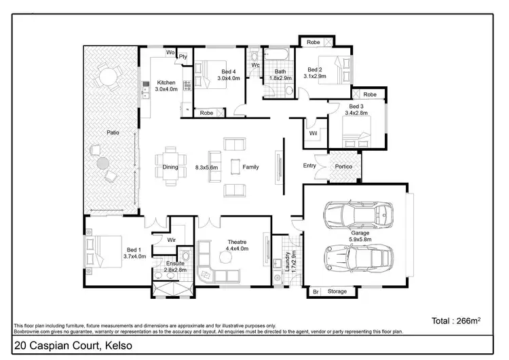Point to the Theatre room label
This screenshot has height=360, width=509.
(x=236, y=242)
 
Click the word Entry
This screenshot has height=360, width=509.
(x=309, y=166)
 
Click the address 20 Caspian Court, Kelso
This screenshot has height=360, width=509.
(x=73, y=346)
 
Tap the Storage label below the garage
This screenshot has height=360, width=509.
(x=337, y=291)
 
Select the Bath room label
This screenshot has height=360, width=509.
(x=279, y=71)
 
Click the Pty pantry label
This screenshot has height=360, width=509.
(x=183, y=57)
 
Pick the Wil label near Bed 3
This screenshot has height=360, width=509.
(x=313, y=133)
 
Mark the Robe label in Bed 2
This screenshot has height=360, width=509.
(x=313, y=42)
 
